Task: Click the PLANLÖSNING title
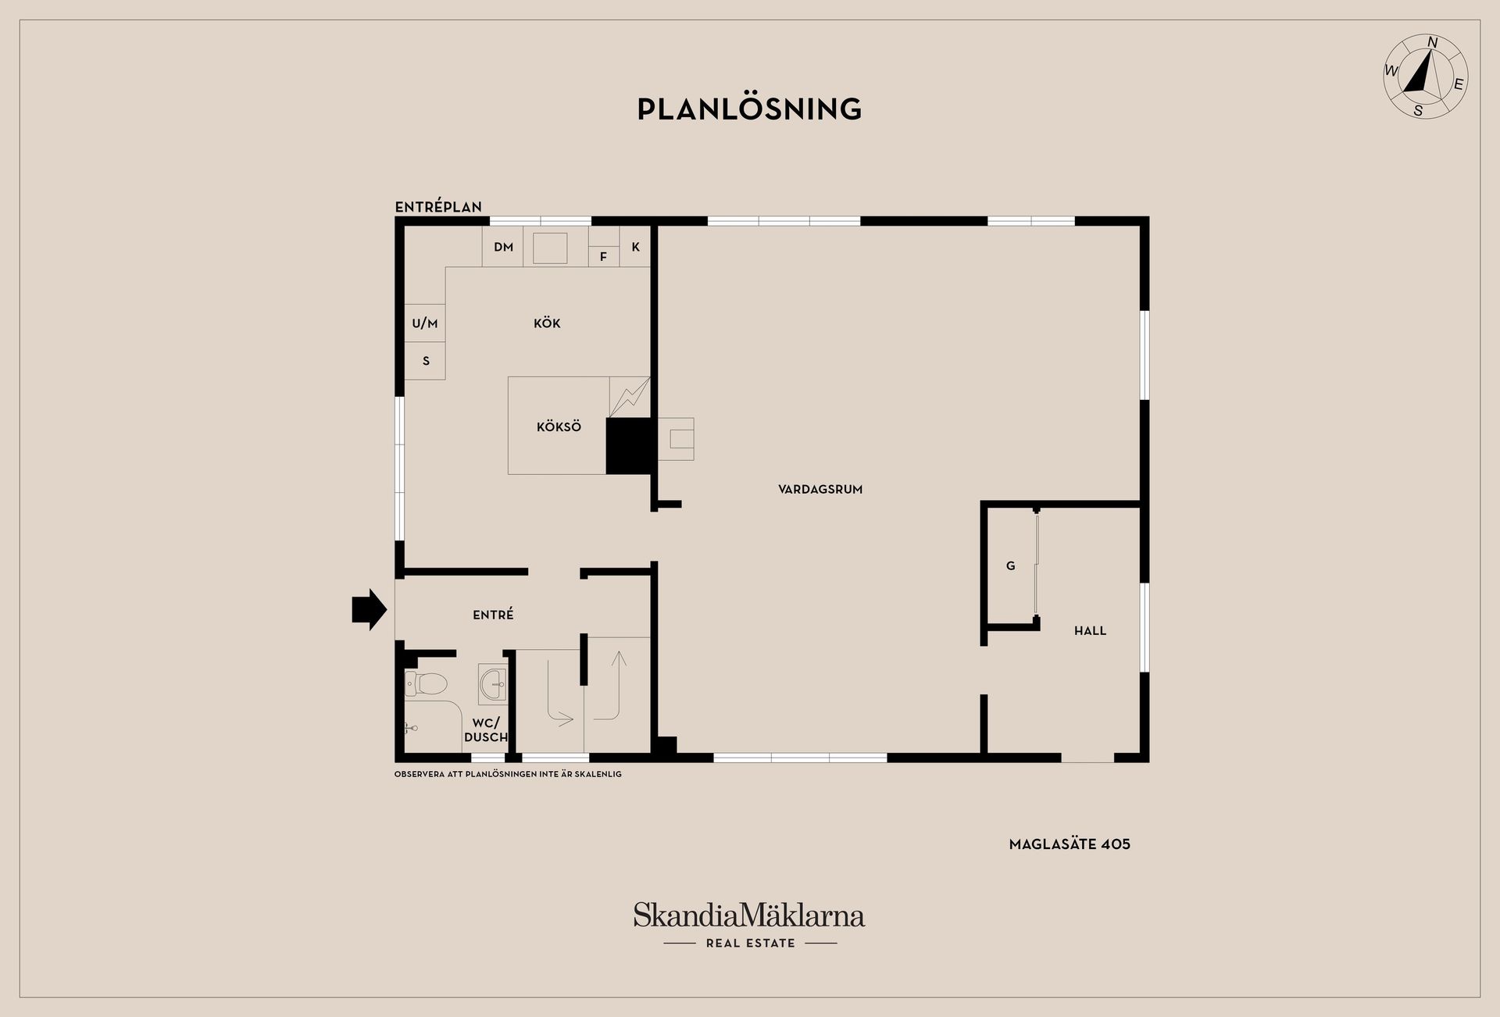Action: coord(749,109)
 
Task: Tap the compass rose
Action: coord(1425,77)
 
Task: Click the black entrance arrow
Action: coord(370,608)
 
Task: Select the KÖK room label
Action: coord(547,323)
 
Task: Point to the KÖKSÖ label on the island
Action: coord(559,426)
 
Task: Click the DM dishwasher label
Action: coord(504,247)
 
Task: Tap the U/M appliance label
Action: coord(425,323)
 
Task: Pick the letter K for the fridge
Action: coord(636,247)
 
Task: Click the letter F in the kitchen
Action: coord(603,256)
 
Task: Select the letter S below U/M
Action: coord(426,361)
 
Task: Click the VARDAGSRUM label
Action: coord(820,490)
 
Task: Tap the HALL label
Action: coord(1090,630)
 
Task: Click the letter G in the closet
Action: coord(1010,566)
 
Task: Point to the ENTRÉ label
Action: coord(493,615)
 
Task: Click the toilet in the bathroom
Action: coord(425,684)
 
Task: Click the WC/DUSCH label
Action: coord(486,730)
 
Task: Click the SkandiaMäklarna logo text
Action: coord(749,915)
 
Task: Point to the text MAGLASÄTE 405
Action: coord(1070,844)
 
